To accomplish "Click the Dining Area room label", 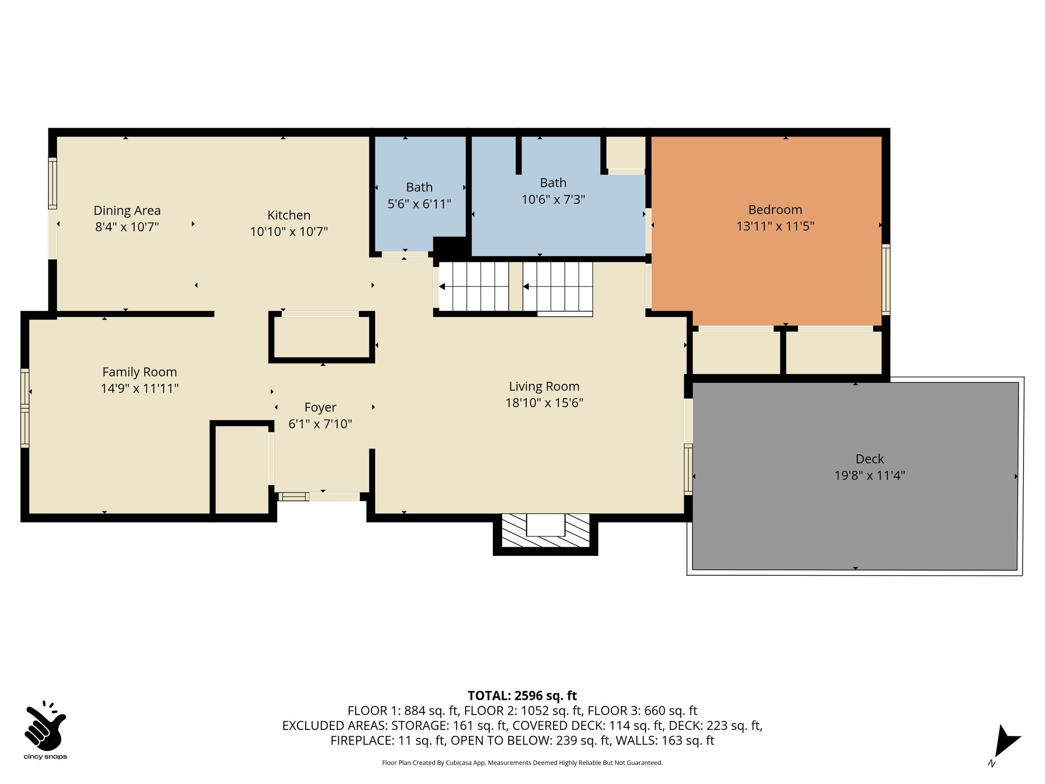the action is pos(127,210).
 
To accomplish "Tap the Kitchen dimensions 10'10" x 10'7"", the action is pos(289,232).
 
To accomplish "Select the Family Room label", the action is pos(139,372).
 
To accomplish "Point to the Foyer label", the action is pos(320,407).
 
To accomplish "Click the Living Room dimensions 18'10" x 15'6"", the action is pos(544,403).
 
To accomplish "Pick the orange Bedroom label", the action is pos(775,210).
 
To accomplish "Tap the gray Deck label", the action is pos(869,459).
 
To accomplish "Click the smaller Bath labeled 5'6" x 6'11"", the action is pos(419,187).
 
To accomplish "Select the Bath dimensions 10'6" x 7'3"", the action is pos(553,199).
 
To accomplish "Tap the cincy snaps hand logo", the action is pos(45,725).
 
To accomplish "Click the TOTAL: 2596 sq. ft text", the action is pos(522,696).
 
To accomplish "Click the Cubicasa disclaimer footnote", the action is pos(522,763).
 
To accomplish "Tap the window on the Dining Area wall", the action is pos(53,183).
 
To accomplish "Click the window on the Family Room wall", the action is pos(25,408).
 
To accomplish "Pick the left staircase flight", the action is pos(474,286).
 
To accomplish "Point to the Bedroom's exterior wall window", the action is pos(886,279).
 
